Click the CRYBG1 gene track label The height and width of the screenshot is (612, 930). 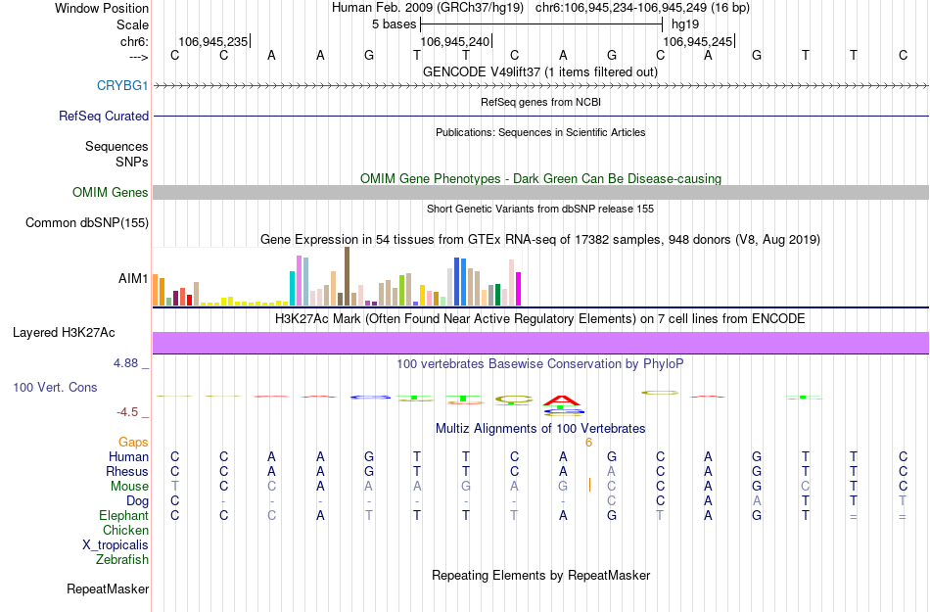tap(122, 86)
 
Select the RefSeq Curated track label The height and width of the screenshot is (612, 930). tap(104, 116)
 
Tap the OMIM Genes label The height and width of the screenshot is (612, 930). tap(110, 193)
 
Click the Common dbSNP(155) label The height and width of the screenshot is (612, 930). tap(87, 223)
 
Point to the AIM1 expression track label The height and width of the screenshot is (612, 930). tap(133, 279)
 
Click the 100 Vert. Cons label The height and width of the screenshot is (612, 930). tap(55, 388)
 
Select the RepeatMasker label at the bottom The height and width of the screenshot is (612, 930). tap(108, 589)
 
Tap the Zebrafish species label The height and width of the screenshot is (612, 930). tap(122, 560)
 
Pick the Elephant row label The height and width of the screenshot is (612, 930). tap(123, 516)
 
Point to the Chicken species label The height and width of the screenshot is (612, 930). tap(125, 531)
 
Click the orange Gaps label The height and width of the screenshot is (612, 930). tap(133, 443)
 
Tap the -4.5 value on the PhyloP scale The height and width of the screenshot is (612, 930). tap(128, 412)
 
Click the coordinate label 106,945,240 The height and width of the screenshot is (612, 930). tap(453, 42)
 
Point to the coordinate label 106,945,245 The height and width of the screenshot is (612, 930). tap(696, 42)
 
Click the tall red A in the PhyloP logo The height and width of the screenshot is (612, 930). tap(563, 399)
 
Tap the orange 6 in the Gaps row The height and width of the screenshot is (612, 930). tap(588, 443)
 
